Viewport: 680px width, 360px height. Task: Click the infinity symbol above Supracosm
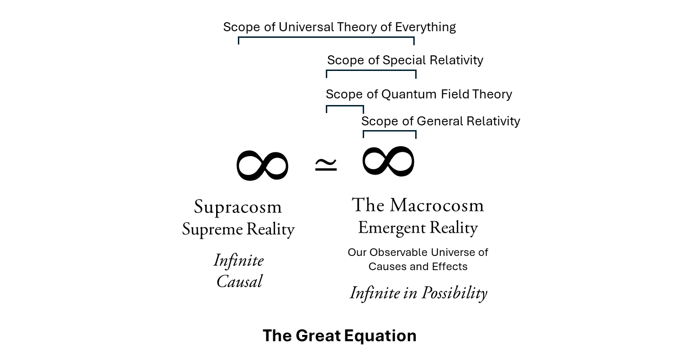[262, 166]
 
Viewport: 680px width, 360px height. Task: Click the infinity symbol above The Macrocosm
[388, 161]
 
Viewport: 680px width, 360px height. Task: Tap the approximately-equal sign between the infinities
[326, 165]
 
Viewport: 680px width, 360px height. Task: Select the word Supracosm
[238, 207]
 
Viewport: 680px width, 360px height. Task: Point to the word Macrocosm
[437, 205]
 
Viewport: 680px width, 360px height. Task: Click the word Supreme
[209, 229]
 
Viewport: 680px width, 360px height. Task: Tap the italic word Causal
[239, 281]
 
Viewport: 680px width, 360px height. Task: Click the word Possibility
[454, 293]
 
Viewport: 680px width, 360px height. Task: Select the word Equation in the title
[380, 336]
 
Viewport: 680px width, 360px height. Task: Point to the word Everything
[426, 27]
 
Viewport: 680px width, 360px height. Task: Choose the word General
[440, 121]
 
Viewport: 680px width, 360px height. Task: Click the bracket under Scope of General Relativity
[389, 131]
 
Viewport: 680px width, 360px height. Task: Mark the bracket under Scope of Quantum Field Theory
[345, 106]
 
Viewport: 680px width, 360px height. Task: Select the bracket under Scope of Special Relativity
[371, 71]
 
